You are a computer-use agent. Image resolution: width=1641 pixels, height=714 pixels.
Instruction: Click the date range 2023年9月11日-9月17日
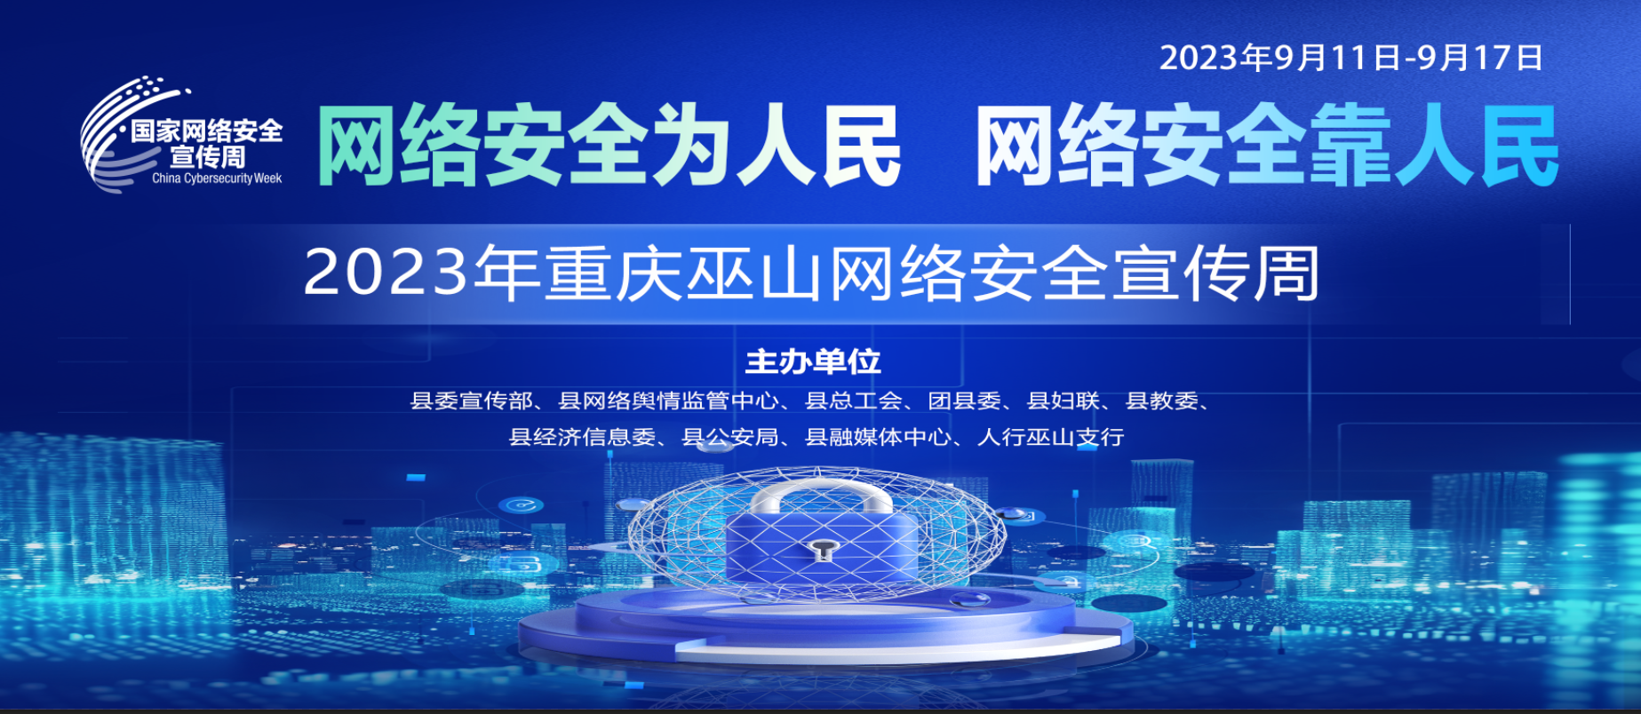point(1350,58)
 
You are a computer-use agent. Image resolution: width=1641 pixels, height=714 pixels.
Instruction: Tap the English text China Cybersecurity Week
point(217,178)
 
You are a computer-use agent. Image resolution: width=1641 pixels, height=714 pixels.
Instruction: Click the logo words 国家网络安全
point(207,131)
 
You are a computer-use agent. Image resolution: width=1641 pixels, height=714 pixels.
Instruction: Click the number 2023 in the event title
point(386,272)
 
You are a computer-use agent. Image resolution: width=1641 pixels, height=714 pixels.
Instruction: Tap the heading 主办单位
point(813,361)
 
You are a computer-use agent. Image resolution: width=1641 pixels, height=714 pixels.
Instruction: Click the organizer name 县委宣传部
point(471,401)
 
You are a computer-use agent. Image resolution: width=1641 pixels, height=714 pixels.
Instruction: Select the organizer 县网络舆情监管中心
point(668,401)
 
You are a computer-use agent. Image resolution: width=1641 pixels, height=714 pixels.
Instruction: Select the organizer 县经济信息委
point(583,437)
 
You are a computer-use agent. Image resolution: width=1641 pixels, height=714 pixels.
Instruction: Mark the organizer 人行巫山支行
point(1051,437)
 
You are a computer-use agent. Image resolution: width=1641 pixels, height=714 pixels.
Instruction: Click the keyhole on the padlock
point(823,551)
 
